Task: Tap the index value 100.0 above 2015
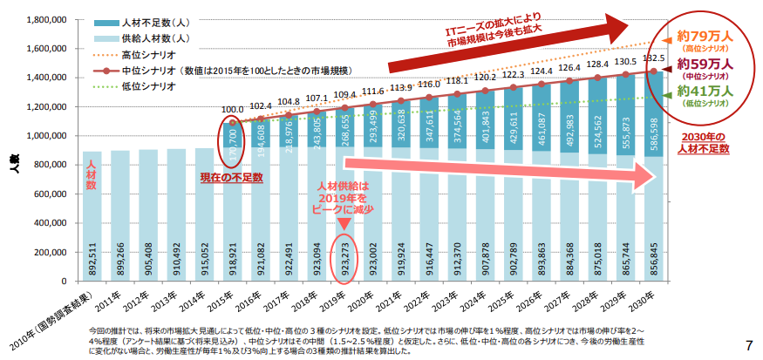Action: [234, 110]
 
